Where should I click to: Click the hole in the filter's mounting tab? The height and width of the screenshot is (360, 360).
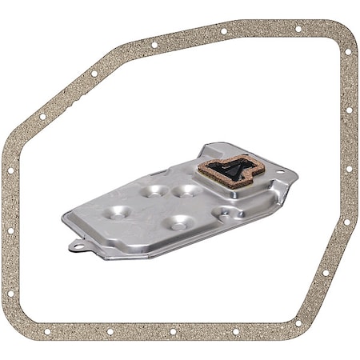coord(78,245)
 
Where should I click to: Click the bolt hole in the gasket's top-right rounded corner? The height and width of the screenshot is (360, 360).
coord(347,51)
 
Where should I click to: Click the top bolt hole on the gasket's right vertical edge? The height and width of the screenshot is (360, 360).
coord(349,110)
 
